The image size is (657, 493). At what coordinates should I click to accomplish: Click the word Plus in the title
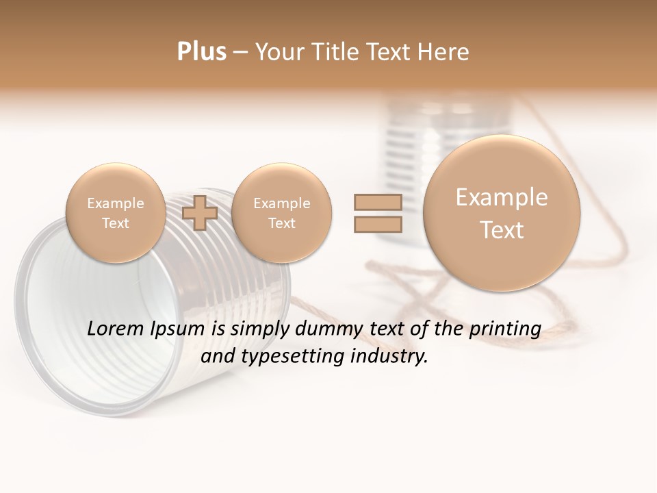click(x=202, y=52)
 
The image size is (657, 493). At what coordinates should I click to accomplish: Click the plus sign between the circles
click(x=201, y=213)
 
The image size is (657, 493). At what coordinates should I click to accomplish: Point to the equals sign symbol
click(x=377, y=213)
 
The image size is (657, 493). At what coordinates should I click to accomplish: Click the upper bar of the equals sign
click(x=377, y=202)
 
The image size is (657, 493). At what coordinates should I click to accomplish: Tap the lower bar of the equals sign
click(x=377, y=225)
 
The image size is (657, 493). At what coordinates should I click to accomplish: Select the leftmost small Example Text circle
click(x=116, y=213)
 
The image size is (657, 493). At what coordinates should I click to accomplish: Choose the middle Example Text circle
click(x=281, y=213)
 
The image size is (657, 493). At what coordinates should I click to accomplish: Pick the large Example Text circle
click(x=502, y=213)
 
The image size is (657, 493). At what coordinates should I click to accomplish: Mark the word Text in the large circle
click(x=502, y=230)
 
